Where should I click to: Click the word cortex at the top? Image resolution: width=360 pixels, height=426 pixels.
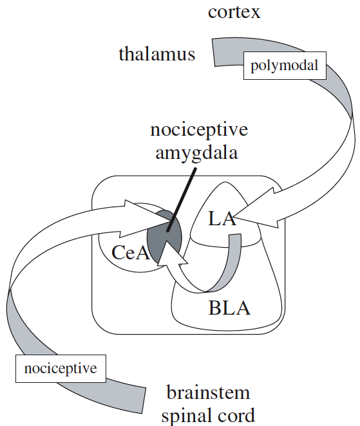pos(234,12)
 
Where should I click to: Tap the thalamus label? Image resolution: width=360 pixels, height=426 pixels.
pos(157,53)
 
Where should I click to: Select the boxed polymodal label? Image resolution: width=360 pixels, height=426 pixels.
pos(285,66)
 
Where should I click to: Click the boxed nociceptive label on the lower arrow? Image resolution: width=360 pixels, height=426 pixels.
pos(61,368)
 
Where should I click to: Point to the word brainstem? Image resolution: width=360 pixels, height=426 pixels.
pos(208,393)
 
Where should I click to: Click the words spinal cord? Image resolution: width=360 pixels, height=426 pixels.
pos(208,416)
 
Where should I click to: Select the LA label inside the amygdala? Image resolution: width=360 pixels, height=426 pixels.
pos(222,219)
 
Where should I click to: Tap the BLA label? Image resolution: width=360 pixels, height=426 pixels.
pos(229,308)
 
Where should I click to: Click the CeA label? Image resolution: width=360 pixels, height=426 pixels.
pos(131,252)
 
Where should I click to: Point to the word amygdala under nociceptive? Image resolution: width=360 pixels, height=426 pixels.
pos(196,153)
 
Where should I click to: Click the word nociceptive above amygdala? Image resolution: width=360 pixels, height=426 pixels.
pos(199,129)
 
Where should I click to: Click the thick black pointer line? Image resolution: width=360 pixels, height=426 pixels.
pos(182,200)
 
